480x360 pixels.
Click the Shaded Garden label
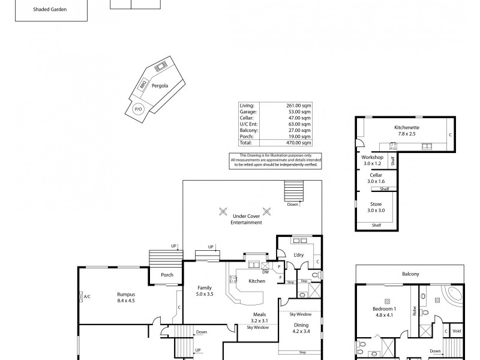click(x=50, y=10)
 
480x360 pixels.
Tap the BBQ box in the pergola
click(x=143, y=85)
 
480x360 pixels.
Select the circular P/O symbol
click(x=137, y=109)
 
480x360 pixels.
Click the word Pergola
click(x=160, y=86)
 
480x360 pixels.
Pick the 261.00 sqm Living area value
click(x=298, y=106)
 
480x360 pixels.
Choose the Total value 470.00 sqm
click(x=298, y=143)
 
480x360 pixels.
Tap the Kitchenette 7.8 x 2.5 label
click(x=406, y=130)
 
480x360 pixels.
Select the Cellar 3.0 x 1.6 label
click(x=376, y=178)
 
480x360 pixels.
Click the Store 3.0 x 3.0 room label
click(x=376, y=207)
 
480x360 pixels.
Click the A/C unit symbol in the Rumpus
click(x=82, y=296)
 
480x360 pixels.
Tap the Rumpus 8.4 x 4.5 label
click(x=126, y=298)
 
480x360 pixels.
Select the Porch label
click(x=167, y=275)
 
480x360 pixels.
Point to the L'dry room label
click(x=299, y=255)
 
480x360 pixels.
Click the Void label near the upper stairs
click(x=457, y=331)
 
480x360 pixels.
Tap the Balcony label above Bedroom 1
click(x=410, y=274)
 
